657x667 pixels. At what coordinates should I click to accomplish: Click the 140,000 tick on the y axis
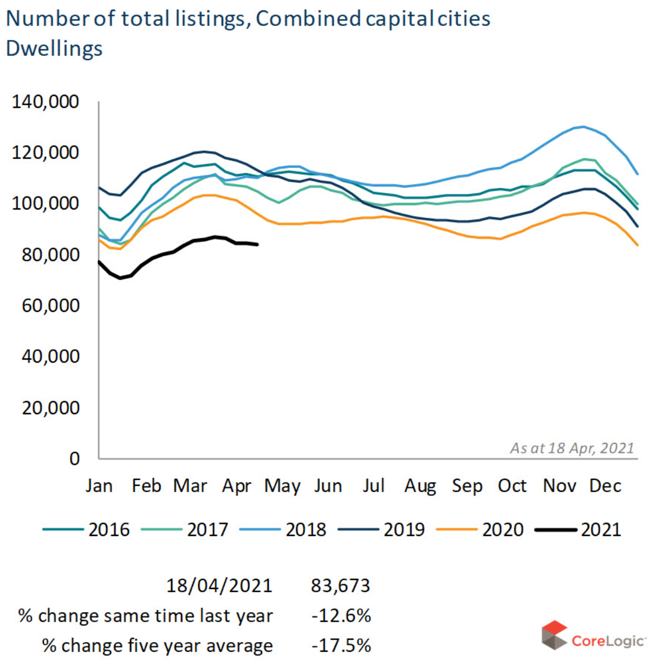[x=45, y=102]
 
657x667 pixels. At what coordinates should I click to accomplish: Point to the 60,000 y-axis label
[x=51, y=306]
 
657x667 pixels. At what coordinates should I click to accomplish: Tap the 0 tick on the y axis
[x=74, y=459]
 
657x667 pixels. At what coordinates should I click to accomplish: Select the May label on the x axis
[x=282, y=486]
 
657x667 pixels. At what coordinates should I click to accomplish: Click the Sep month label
[x=467, y=486]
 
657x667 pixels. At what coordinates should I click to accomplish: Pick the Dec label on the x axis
[x=605, y=486]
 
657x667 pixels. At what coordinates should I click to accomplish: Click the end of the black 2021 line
[x=257, y=245]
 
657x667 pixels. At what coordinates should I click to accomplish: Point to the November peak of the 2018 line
[x=583, y=127]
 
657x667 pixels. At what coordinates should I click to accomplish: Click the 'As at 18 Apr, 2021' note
[x=572, y=448]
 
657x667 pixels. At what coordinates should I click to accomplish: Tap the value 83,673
[x=341, y=586]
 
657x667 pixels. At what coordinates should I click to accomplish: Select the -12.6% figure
[x=341, y=616]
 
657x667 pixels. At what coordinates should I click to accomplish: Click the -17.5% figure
[x=341, y=645]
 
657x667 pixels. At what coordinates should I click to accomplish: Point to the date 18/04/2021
[x=219, y=586]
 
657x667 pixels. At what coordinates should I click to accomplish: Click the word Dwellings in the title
[x=54, y=49]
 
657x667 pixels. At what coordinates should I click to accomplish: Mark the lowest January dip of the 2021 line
[x=120, y=278]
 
